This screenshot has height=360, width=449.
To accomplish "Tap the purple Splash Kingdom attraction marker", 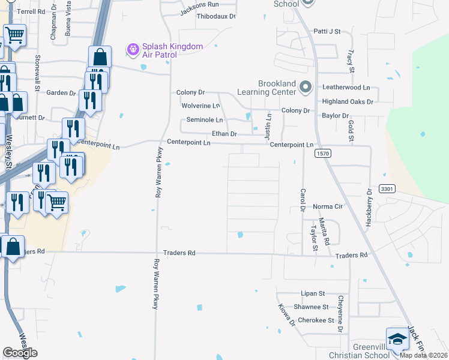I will [133, 47].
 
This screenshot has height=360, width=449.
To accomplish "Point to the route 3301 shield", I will [386, 189].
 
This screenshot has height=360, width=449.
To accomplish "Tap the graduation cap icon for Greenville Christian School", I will [397, 340].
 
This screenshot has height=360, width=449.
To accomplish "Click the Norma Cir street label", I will [328, 207].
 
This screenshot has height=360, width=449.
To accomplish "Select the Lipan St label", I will [313, 293].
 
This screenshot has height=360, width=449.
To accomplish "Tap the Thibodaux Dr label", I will [216, 16].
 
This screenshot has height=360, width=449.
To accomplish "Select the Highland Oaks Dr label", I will [348, 102].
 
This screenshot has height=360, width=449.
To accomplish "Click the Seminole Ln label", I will [204, 120].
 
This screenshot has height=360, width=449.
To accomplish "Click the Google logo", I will [20, 353].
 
